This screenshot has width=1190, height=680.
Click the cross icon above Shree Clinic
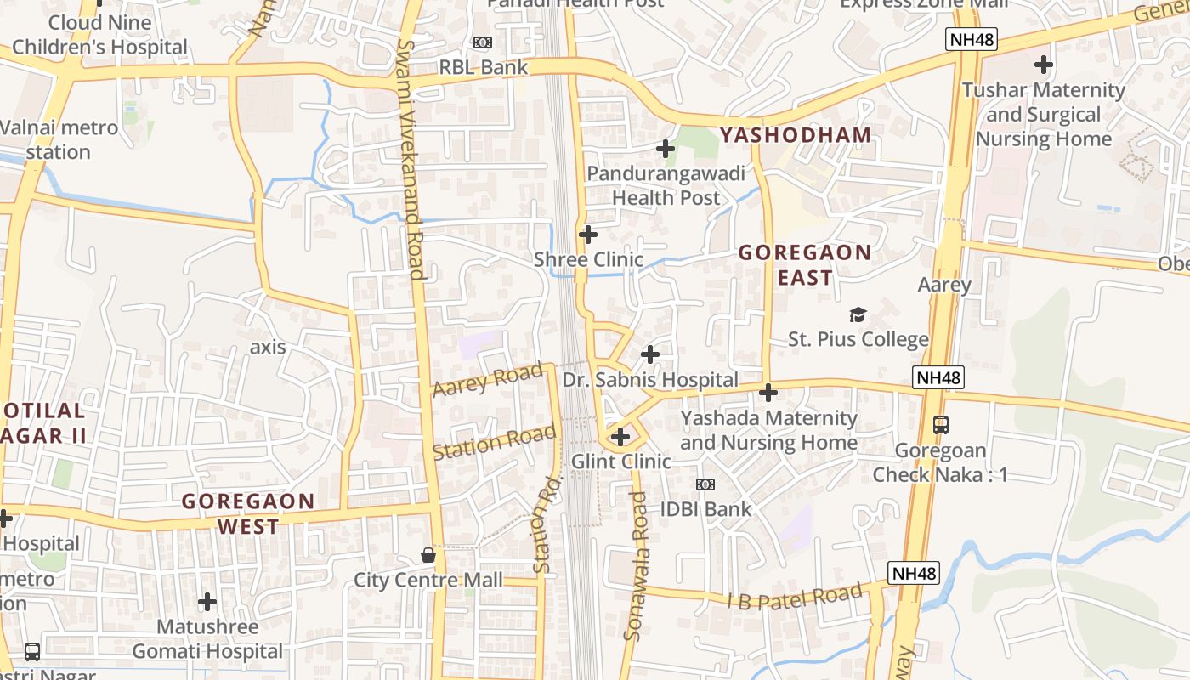pos(587,235)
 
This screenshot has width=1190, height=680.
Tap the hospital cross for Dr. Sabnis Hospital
pos(650,354)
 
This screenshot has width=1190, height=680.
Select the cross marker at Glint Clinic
pos(620,437)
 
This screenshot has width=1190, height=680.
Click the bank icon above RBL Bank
pos(482,42)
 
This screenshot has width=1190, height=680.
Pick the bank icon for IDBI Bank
pos(705,484)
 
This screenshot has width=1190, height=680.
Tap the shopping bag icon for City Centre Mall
pos(428,555)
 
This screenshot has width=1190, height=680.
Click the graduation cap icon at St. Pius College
pos(858,314)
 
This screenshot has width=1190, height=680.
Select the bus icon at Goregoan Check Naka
pos(940,424)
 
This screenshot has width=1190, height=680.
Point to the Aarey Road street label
pos(487,379)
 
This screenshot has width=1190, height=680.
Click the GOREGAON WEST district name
pos(247,513)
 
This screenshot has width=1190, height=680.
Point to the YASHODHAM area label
pos(796,135)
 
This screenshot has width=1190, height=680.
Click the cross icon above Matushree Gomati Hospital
pos(207,603)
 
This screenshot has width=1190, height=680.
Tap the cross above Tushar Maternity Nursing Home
pos(1043,65)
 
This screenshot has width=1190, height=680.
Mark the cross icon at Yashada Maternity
pos(768,393)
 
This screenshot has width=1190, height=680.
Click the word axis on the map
pos(268,348)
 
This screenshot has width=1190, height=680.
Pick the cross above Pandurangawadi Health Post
pos(666,150)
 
